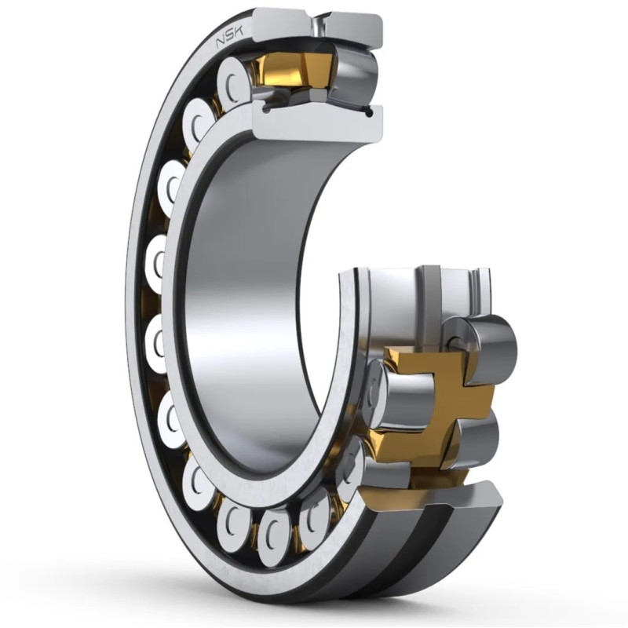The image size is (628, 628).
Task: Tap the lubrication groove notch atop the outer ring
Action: coord(319,25)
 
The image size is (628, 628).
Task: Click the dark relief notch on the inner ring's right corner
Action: coord(369,112)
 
